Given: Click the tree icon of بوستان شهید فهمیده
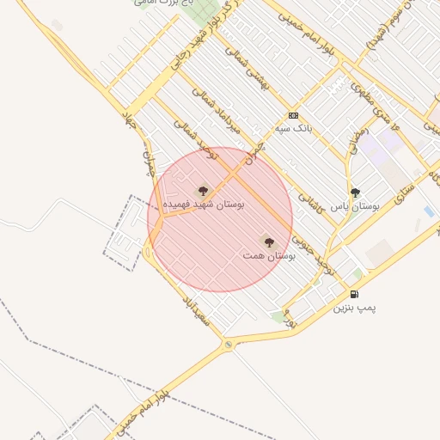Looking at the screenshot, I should coord(203,191).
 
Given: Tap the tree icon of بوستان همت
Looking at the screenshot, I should coord(269,242).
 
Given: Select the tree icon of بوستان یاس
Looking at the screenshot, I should coord(355,192).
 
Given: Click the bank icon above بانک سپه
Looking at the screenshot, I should coord(294,115).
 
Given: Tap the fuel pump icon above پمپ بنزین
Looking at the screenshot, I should coord(354,294).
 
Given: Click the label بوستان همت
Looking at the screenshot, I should coord(269,256).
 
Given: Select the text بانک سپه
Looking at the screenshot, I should coord(292,128).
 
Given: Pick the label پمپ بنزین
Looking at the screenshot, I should coord(354,307).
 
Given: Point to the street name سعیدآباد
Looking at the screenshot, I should coord(195,310).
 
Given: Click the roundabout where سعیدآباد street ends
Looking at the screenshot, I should coord(229,345).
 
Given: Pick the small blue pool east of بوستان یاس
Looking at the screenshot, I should coord(428,211).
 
